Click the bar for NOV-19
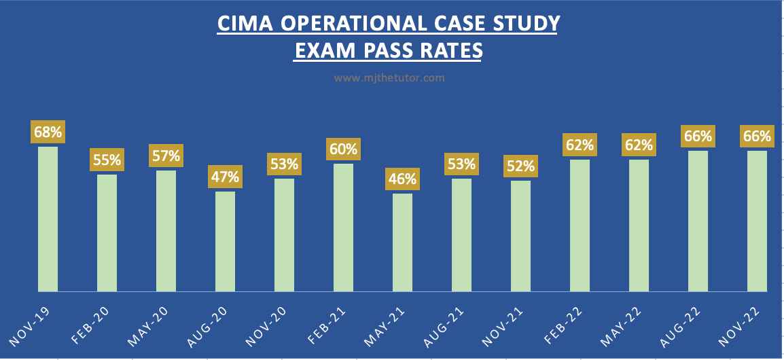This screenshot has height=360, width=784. point(48,219)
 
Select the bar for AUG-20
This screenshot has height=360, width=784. point(225,241)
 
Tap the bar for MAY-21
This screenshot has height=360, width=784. point(402,242)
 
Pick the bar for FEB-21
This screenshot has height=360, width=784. point(343,227)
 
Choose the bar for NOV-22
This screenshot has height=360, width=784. point(757,221)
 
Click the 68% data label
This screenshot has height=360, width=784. point(48,132)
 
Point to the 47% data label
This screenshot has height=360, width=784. point(225,177)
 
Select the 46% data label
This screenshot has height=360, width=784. point(402,180)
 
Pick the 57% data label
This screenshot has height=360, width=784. point(166,156)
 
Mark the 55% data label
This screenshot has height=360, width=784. point(107,161)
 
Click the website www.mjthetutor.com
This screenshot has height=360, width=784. point(389,78)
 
